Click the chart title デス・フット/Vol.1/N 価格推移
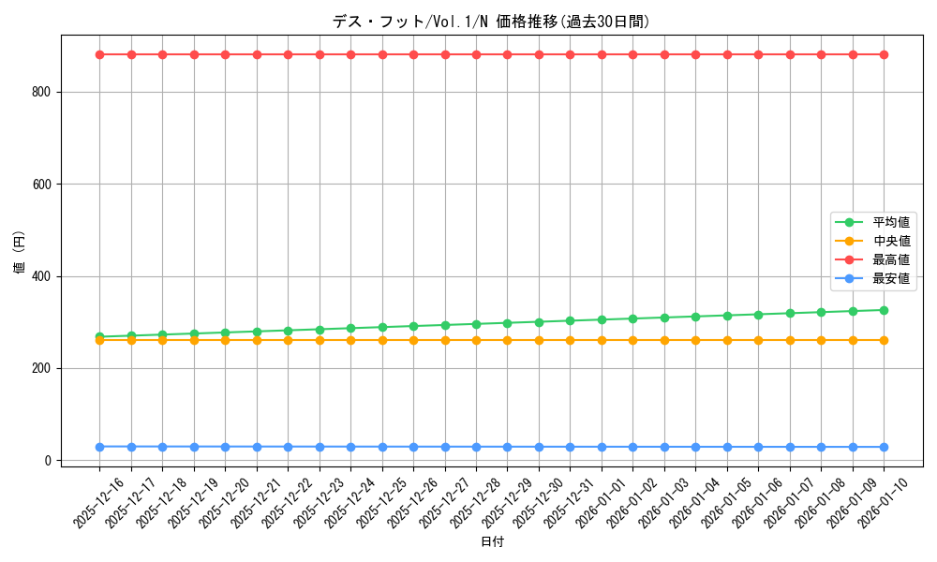tap(491, 22)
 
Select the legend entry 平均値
tap(890, 222)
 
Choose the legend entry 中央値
tap(890, 241)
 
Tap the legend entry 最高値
tap(890, 259)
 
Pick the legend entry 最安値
tap(890, 278)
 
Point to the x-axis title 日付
tap(491, 542)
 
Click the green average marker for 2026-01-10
tap(884, 310)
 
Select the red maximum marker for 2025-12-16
tap(99, 54)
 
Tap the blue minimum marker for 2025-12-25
tap(382, 447)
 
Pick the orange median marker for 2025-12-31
tap(570, 340)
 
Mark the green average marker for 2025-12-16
tap(99, 336)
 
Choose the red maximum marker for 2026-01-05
tap(727, 54)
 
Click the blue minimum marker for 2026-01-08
tap(821, 447)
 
